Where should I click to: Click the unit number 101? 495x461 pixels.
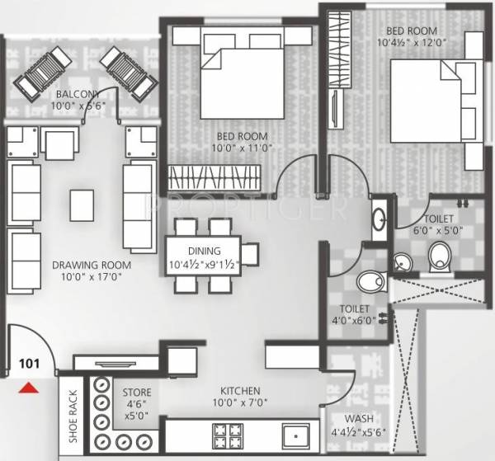pyautogui.click(x=29, y=360)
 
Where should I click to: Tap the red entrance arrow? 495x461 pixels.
pyautogui.click(x=29, y=385)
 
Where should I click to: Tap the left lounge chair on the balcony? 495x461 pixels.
pyautogui.click(x=40, y=72)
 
